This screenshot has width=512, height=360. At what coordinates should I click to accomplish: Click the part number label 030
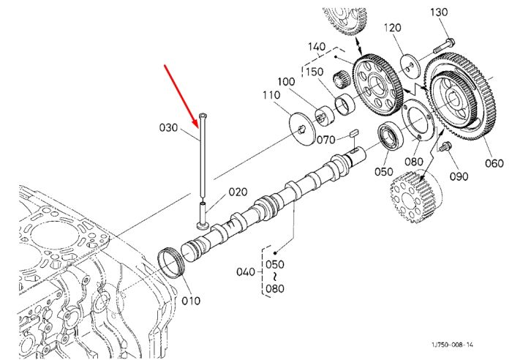[168, 128]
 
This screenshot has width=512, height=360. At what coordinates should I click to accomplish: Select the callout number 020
[238, 192]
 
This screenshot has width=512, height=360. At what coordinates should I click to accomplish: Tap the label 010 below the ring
[191, 301]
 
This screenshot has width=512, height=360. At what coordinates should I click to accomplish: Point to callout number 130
[439, 12]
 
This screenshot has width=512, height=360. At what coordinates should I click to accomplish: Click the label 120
[392, 28]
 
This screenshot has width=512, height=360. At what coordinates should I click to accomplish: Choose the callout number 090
[459, 176]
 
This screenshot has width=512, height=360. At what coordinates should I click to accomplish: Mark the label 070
[326, 140]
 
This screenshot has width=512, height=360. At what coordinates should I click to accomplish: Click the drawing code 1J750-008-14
[452, 345]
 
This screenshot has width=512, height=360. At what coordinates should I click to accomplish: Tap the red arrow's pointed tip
[199, 127]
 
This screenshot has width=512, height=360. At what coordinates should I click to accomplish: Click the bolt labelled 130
[445, 46]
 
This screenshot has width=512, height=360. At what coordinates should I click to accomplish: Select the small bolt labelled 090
[445, 146]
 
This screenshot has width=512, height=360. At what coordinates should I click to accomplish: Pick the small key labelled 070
[354, 132]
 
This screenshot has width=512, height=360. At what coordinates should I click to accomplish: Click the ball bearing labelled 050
[390, 135]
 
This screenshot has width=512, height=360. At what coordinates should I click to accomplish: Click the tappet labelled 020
[203, 217]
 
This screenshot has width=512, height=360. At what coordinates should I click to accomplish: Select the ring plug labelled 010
[171, 263]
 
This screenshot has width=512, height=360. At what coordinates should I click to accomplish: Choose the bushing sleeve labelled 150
[345, 104]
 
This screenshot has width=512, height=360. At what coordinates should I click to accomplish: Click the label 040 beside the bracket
[246, 271]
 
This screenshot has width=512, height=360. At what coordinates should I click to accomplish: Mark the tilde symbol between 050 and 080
[275, 277]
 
